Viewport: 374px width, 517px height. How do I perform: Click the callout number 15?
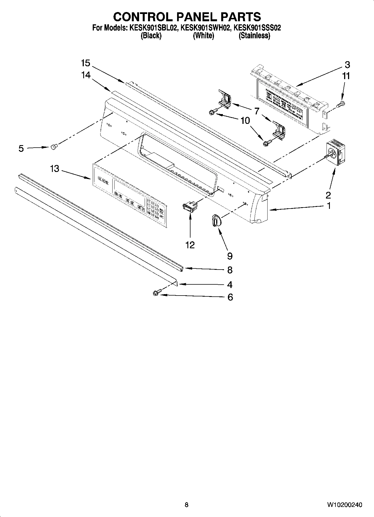click(85, 63)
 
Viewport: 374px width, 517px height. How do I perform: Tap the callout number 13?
click(55, 169)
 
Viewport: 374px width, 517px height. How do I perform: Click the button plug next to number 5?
click(54, 146)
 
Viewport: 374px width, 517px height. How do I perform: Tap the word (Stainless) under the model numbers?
click(254, 36)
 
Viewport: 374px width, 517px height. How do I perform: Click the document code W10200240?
click(345, 505)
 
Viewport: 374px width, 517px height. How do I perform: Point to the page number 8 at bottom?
click(187, 505)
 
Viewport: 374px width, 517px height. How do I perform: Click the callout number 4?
click(230, 285)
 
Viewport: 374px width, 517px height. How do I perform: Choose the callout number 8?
click(230, 270)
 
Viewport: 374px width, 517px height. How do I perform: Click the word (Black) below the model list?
click(151, 36)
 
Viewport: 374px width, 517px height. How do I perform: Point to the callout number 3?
click(347, 65)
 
